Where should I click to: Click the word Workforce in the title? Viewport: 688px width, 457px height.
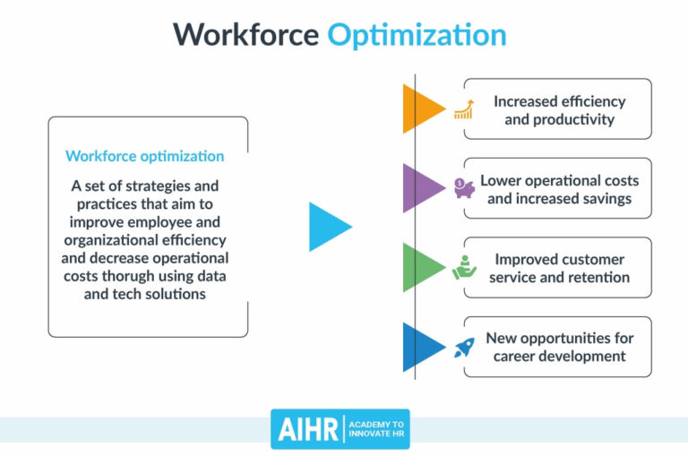(x=245, y=35)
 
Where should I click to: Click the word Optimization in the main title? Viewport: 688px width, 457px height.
(x=417, y=35)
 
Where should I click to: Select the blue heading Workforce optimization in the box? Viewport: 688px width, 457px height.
(x=145, y=156)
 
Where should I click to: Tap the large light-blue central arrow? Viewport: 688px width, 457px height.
(x=328, y=227)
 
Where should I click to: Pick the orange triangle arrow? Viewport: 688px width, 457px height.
(x=421, y=108)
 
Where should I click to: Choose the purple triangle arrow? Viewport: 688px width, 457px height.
(x=421, y=187)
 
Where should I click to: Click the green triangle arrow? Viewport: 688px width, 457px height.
(x=421, y=267)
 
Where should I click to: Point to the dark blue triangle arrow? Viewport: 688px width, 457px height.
(x=421, y=346)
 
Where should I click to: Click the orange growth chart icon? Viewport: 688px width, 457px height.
(x=463, y=109)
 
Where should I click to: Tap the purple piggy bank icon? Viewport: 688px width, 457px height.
(x=464, y=188)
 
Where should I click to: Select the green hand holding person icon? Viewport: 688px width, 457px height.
(x=464, y=268)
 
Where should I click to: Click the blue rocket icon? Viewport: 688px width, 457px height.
(x=464, y=347)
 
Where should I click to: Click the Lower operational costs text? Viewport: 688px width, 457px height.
(x=559, y=180)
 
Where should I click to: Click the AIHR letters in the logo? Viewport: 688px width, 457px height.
(x=305, y=429)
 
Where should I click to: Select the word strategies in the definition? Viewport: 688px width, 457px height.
(x=173, y=186)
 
